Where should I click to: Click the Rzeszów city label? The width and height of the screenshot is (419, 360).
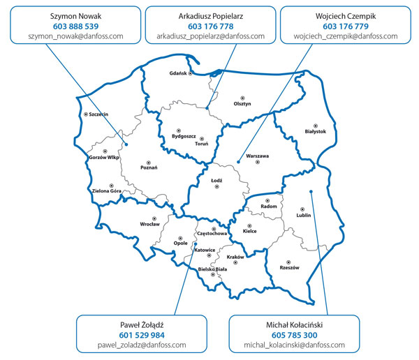tap(289, 267)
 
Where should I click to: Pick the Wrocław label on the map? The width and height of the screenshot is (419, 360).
tap(149, 224)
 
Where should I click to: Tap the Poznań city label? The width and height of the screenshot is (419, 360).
tap(149, 167)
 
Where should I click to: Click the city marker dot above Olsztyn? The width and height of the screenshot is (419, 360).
tap(242, 96)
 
